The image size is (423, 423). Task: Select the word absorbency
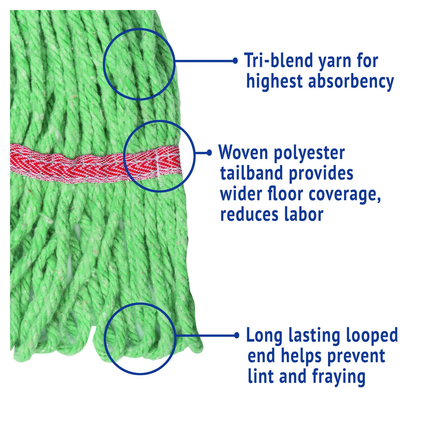point(351,82)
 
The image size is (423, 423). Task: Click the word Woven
point(243,153)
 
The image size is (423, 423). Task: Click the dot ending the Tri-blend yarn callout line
point(235,61)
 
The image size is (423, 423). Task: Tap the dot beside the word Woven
point(209,153)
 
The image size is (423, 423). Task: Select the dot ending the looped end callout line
point(237,335)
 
